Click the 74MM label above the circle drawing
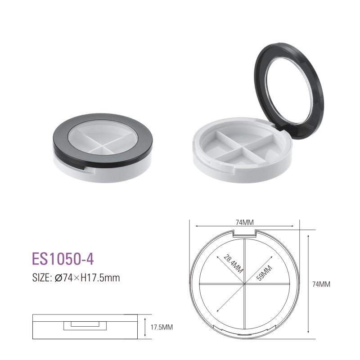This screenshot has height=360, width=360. pyautogui.click(x=244, y=222)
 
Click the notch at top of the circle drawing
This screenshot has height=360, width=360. pyautogui.click(x=244, y=233)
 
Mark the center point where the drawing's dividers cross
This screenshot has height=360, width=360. pyautogui.click(x=244, y=284)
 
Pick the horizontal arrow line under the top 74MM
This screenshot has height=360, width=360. pyautogui.click(x=244, y=227)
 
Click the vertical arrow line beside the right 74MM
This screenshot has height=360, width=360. pyautogui.click(x=308, y=284)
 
